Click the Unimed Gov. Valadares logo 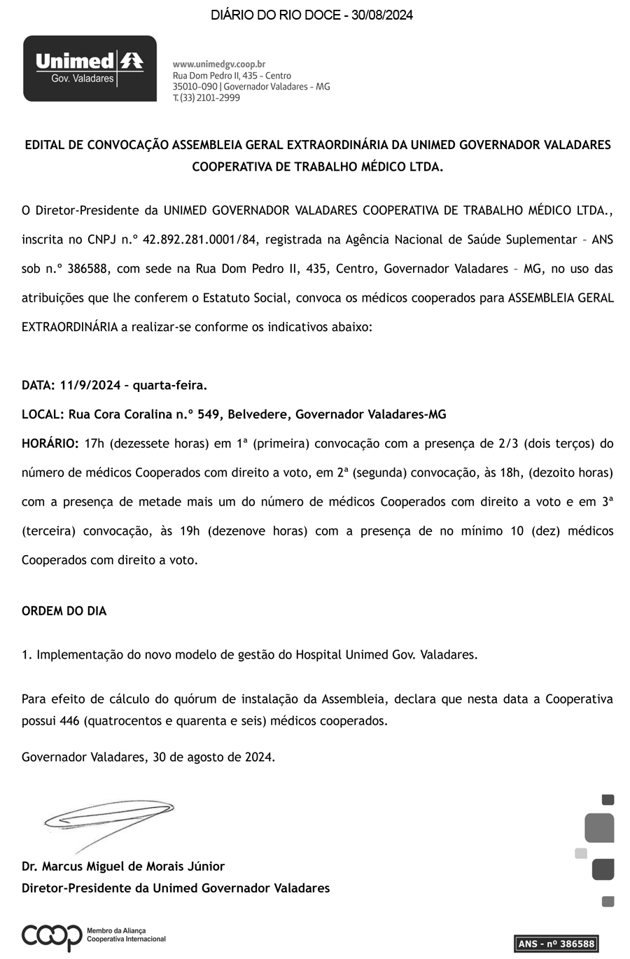tap(90, 68)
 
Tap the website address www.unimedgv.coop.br tap(218, 64)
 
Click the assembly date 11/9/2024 tap(90, 385)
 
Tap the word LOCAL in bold tap(42, 414)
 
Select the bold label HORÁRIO tap(50, 443)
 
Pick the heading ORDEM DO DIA tap(64, 611)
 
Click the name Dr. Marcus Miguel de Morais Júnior tap(123, 866)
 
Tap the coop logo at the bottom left tap(52, 936)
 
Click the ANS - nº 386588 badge tap(556, 944)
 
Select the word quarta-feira tap(169, 385)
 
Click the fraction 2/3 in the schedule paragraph tap(509, 443)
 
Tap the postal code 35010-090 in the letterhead tap(195, 87)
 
